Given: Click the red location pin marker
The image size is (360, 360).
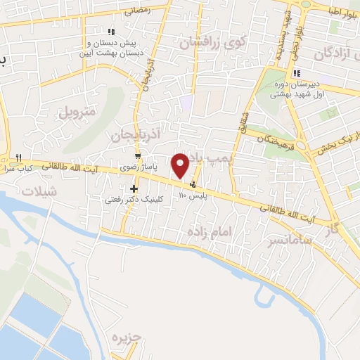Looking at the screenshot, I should point(181,165).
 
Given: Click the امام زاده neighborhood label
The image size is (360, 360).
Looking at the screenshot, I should point(210,231).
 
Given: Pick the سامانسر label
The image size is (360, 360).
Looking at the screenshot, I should point(271,243).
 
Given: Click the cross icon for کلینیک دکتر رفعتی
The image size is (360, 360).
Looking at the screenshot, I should point(134,188).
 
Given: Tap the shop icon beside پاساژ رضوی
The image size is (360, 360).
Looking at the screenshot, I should point(139,157).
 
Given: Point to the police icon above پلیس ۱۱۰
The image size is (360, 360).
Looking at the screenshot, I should point(193,184).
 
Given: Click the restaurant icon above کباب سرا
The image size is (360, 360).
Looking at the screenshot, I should point(19,157).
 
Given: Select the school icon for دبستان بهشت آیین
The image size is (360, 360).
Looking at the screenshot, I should point(110,31).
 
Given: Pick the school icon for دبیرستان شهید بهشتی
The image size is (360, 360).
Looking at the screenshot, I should point(297,72).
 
